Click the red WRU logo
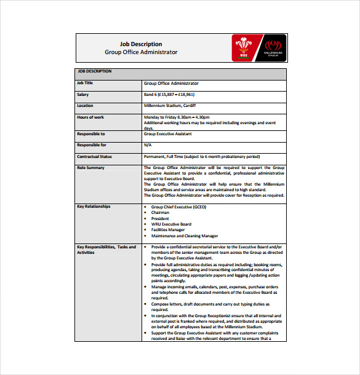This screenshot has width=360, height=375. point(246,48)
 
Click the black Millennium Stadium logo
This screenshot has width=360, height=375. point(273,48)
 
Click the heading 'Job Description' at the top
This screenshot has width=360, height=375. point(141,44)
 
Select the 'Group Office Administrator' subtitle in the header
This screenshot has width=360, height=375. point(141,52)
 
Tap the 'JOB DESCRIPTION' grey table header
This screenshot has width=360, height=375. point(95,71)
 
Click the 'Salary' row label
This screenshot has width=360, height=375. point(83,95)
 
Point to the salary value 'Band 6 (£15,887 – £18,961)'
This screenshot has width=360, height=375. point(169,95)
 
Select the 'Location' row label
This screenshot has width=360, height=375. point(85,106)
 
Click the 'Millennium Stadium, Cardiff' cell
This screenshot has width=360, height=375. point(170,106)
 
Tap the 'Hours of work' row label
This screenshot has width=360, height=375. point(90,117)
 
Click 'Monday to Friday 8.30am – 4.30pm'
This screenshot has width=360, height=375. point(176,117)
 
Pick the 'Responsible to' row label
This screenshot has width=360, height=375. point(91,133)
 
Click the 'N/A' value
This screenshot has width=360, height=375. point(147,145)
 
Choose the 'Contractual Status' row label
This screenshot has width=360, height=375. point(94,156)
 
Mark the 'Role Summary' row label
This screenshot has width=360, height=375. point(90,167)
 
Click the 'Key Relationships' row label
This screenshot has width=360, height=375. point(94,207)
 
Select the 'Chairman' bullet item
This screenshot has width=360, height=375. point(161,213)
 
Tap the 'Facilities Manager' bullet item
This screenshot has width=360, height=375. point(168,230)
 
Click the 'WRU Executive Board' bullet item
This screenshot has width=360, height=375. point(171,224)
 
